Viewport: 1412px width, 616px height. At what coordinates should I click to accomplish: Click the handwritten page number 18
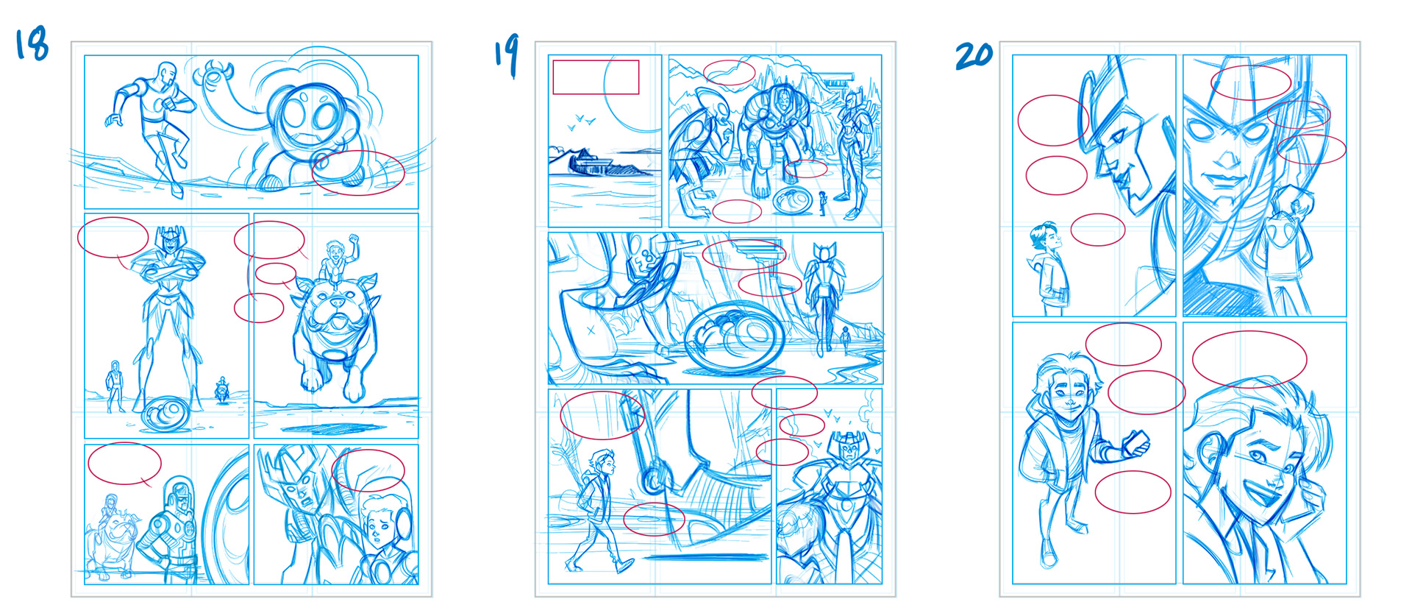tap(32, 43)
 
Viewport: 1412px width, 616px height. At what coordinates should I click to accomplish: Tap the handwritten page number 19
tap(507, 54)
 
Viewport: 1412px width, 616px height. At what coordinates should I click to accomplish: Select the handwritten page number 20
tap(974, 55)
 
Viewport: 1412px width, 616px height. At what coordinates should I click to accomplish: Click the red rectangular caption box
tap(596, 77)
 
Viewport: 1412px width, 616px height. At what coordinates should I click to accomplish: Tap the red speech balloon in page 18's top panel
tap(358, 173)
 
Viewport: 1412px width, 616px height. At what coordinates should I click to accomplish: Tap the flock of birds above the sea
tap(582, 121)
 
